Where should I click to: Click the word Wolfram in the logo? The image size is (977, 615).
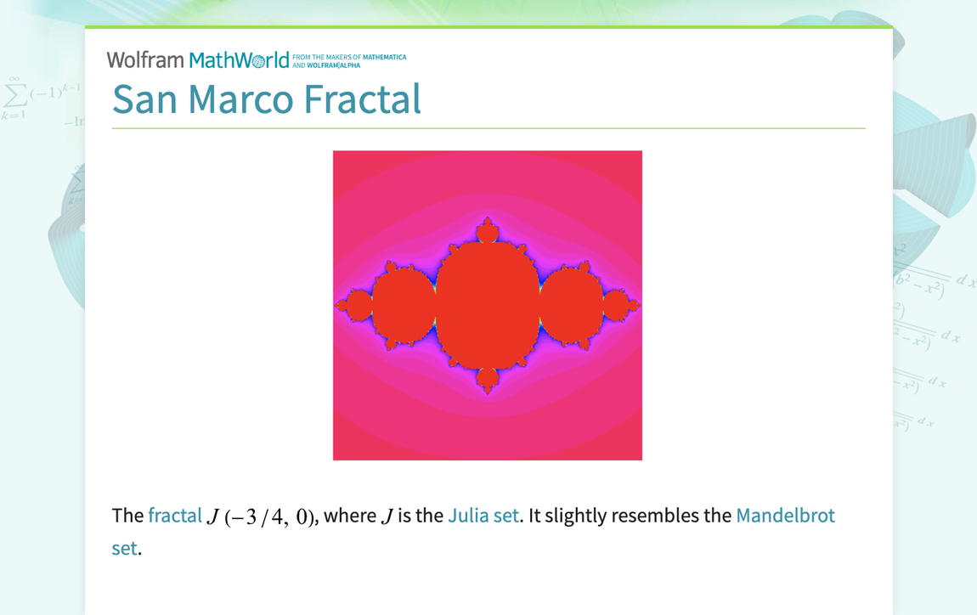pos(145,59)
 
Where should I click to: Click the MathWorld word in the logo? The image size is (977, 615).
pos(239,60)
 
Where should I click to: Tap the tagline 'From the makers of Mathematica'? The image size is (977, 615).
pos(349,58)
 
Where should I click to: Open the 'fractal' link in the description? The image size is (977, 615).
pos(175,516)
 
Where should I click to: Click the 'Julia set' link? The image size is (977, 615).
pos(483,516)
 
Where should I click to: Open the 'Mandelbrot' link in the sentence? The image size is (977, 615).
pos(785,516)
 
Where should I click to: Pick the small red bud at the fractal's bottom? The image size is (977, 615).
pos(488,379)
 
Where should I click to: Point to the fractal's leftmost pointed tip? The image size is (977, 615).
pos(337,304)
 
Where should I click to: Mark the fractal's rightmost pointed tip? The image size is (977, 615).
pos(638,304)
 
